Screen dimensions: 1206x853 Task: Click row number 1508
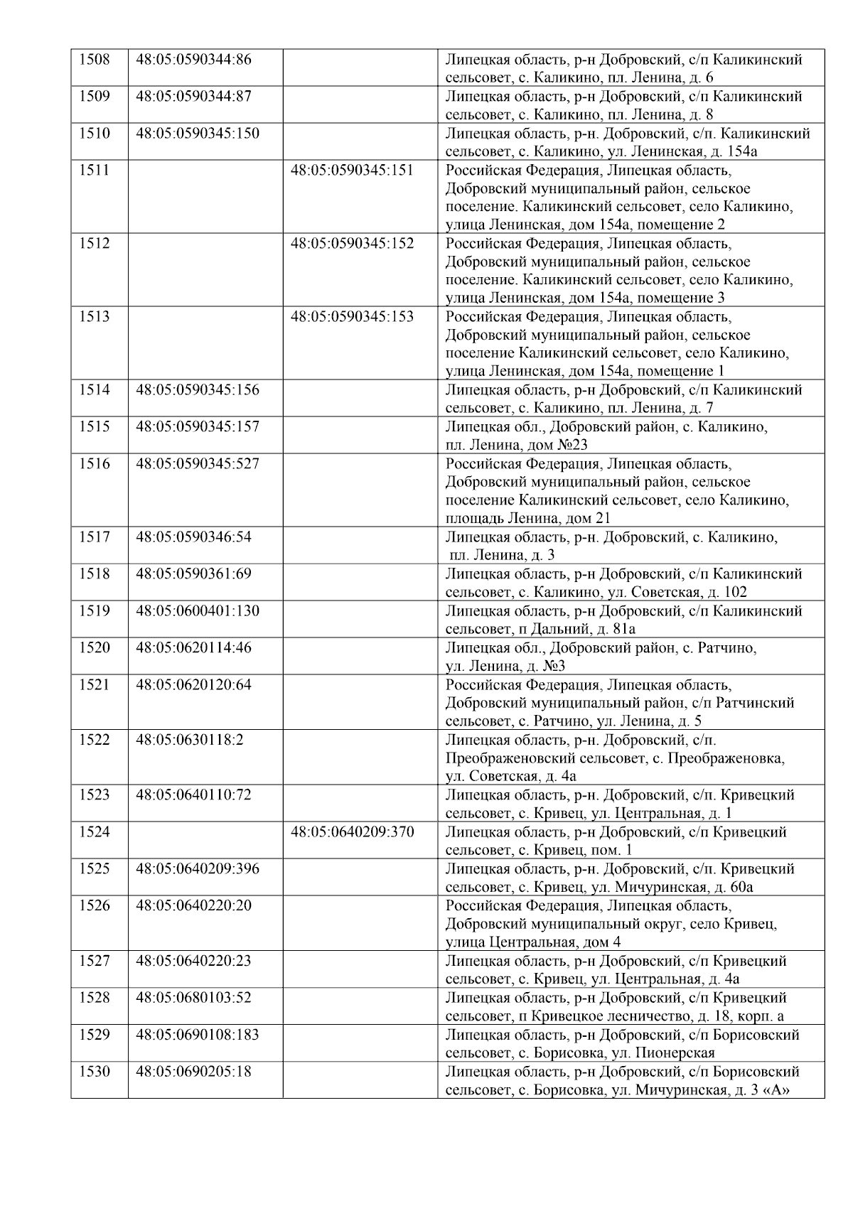coord(95,60)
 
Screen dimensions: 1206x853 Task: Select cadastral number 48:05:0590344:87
coord(193,97)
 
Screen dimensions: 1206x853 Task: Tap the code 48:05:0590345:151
coord(352,171)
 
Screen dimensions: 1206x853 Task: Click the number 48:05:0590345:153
coord(352,317)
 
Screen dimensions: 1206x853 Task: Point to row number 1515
coord(95,427)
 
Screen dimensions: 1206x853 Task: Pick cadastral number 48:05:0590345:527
coord(198,464)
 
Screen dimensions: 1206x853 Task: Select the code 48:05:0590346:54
coord(193,537)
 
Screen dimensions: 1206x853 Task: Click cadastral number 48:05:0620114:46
coord(193,648)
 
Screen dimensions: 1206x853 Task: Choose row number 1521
coord(95,685)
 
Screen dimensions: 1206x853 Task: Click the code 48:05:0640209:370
coord(352,832)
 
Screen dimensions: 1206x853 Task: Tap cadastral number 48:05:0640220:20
coord(193,906)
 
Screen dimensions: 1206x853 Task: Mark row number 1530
coord(95,1072)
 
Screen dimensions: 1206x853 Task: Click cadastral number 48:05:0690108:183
coord(198,1035)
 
